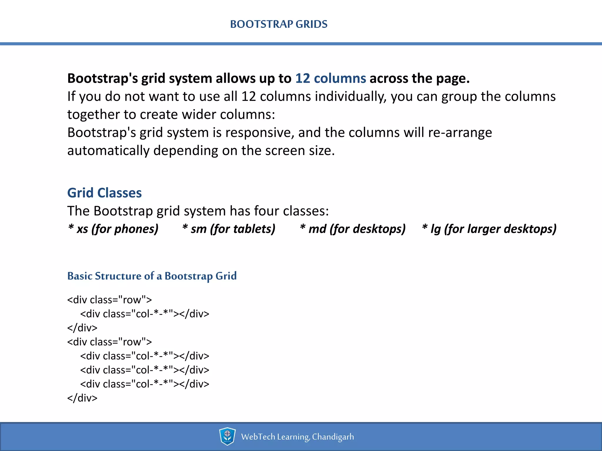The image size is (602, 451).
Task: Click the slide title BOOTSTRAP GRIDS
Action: point(279,24)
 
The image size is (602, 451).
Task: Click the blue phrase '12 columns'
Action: point(330,78)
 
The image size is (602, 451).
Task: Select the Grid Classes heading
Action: point(104,193)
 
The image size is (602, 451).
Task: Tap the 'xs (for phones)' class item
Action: point(113,229)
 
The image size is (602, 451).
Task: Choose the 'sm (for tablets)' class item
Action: point(229,229)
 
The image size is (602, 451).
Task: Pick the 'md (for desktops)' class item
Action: point(353,229)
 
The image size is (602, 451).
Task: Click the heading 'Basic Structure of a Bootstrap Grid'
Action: point(152,276)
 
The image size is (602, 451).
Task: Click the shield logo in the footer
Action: point(227,436)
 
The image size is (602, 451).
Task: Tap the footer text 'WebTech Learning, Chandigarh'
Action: point(297,437)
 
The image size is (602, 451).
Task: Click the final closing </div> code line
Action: point(82,398)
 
